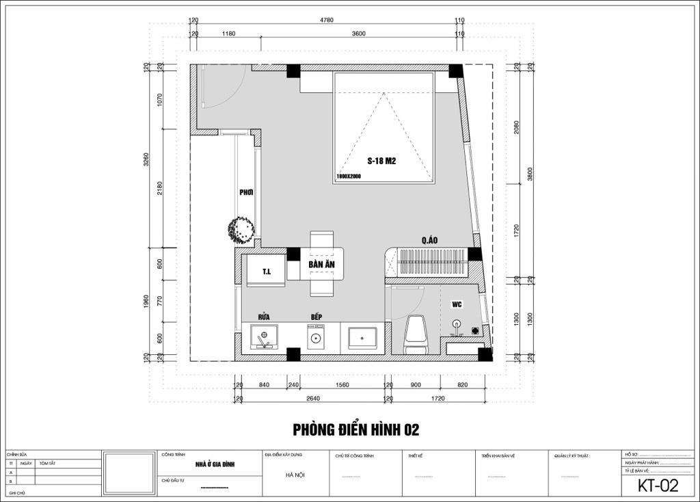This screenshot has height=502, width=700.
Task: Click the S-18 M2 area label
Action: pos(383,161)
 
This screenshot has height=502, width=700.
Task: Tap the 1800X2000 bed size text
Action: pos(348,176)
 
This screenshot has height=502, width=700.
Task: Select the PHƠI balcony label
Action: pos(246,193)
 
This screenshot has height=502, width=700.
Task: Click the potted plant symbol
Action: pos(242,229)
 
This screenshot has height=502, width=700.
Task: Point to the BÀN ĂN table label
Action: pos(321,264)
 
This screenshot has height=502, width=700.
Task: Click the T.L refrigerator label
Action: pos(267,272)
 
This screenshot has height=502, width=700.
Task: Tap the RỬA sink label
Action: pos(264,317)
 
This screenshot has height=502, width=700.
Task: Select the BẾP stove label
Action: pos(315,317)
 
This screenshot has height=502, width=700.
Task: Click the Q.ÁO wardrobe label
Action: pos(429,240)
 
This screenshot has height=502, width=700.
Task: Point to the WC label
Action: pos(457,303)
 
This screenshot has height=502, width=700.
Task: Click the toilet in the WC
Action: pos(416,333)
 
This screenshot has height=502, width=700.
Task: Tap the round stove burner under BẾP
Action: pos(315,338)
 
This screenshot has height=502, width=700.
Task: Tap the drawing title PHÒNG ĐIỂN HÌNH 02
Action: pos(355,430)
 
